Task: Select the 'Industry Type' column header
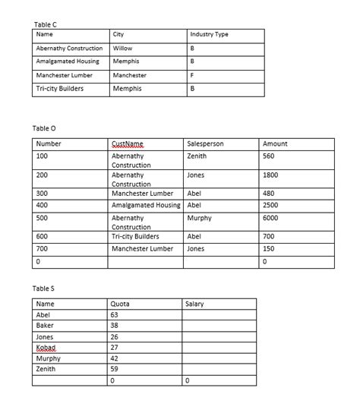pyautogui.click(x=209, y=34)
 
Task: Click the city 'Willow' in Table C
pyautogui.click(x=122, y=48)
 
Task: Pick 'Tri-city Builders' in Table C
pyautogui.click(x=60, y=89)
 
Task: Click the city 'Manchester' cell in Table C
pyautogui.click(x=129, y=75)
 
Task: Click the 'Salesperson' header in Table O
pyautogui.click(x=205, y=143)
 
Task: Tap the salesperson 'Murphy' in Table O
pyautogui.click(x=199, y=217)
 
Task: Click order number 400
pyautogui.click(x=43, y=205)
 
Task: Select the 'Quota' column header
pyautogui.click(x=120, y=304)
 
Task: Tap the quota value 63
pyautogui.click(x=115, y=314)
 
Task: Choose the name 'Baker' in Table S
pyautogui.click(x=45, y=325)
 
